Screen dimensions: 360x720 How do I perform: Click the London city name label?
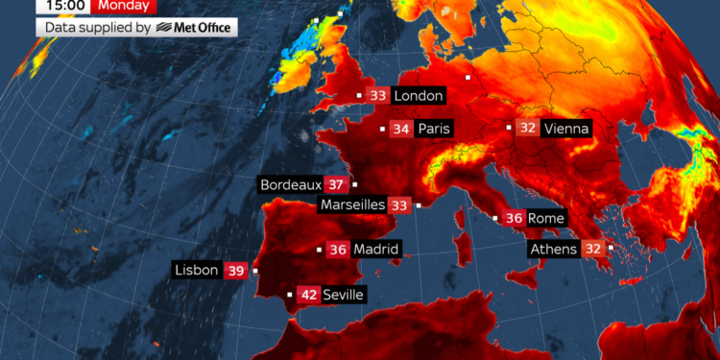tap(419, 96)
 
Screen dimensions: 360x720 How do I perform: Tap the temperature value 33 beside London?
tap(378, 96)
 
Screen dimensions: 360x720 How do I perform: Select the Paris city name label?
tap(434, 129)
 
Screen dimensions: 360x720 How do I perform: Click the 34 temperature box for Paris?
tap(400, 129)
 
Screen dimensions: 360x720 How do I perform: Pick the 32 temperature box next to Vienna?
tap(528, 128)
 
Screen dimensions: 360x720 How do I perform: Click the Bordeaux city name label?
tap(290, 184)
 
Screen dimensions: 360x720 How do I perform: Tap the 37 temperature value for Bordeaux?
tap(336, 184)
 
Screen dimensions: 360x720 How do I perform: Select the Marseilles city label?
tap(352, 204)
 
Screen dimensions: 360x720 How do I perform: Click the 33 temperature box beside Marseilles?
tap(399, 204)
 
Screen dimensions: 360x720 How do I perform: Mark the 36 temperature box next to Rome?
tap(514, 219)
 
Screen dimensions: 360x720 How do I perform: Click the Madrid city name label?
tap(375, 250)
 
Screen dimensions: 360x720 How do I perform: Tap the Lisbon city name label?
tap(197, 271)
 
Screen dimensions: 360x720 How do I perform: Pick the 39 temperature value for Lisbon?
tap(235, 271)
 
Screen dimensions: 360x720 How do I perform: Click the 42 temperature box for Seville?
tap(309, 295)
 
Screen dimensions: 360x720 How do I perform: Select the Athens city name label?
tap(555, 250)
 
